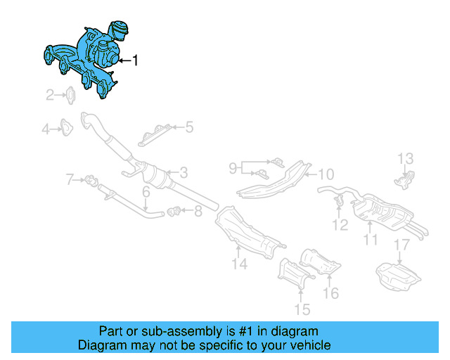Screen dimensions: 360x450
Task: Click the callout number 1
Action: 135,61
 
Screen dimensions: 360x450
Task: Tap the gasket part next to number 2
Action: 72,94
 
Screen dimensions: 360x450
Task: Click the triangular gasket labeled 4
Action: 65,128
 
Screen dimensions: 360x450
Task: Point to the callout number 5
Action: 188,127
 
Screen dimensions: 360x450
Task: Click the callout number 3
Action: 183,172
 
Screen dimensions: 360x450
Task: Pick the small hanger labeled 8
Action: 176,209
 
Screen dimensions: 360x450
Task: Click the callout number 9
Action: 233,168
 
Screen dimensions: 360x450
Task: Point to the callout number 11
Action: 371,240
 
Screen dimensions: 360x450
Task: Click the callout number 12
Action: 340,225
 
